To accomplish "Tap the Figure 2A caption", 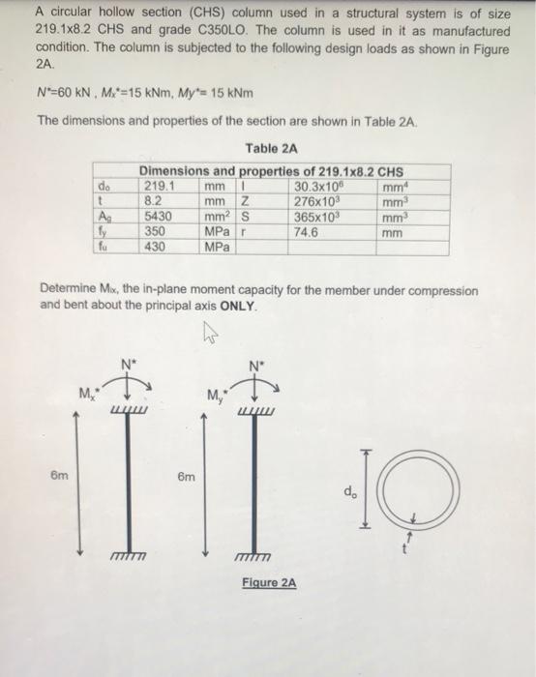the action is click(x=269, y=583).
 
